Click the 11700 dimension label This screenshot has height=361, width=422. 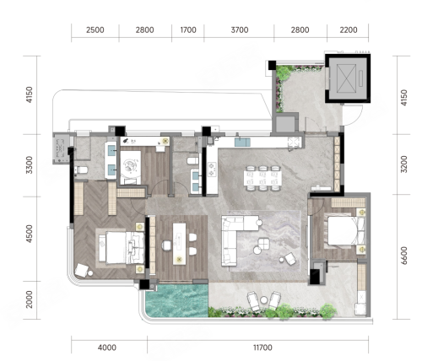pos(262,348)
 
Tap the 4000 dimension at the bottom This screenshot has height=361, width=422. pos(107,348)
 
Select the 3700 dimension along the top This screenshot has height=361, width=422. pos(240,30)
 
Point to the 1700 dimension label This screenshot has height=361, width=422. pos(188,30)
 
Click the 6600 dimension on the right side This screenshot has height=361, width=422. pos(404,256)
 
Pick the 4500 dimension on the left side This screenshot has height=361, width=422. pos(29,234)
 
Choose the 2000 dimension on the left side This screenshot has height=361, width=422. pos(29,299)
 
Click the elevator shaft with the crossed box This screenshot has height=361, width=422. pos(348,78)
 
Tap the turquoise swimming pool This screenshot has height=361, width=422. pos(177,300)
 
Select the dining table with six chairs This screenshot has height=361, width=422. pos(262,178)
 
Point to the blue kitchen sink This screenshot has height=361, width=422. pos(242,142)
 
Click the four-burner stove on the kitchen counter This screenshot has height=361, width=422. pos(212,170)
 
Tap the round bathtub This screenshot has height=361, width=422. pos(131,168)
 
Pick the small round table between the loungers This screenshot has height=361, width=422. pos(263,300)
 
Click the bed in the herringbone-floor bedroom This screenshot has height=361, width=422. pos(122,247)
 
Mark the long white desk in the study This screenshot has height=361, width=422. pos(179,244)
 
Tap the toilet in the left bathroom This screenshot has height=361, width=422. pos(81,170)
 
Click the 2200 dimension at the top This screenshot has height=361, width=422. pos(349,30)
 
